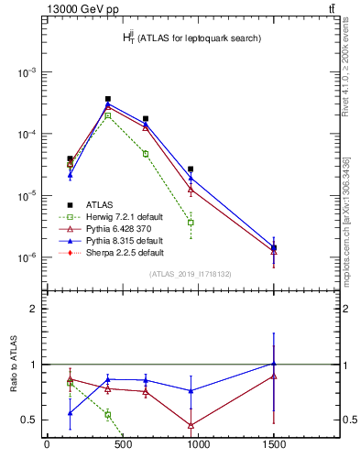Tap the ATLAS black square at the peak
click(108, 99)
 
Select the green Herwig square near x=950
click(191, 223)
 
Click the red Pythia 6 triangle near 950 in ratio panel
click(191, 425)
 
